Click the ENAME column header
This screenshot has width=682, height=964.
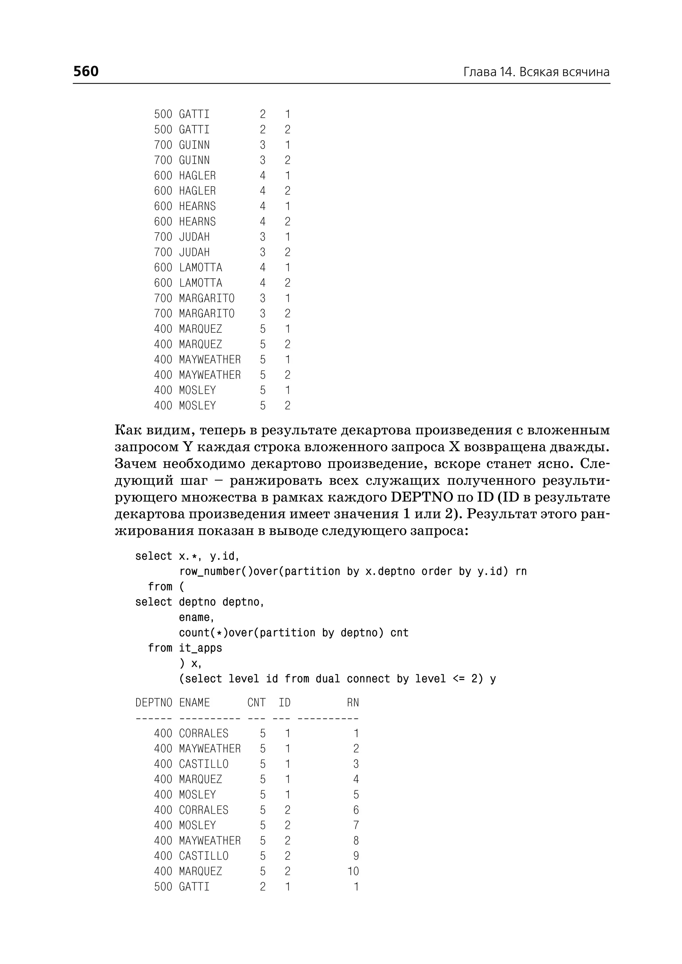[x=194, y=703]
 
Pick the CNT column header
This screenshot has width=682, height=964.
[x=256, y=703]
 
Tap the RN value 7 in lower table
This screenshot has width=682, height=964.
[x=356, y=825]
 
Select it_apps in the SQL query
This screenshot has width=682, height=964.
[x=200, y=648]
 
